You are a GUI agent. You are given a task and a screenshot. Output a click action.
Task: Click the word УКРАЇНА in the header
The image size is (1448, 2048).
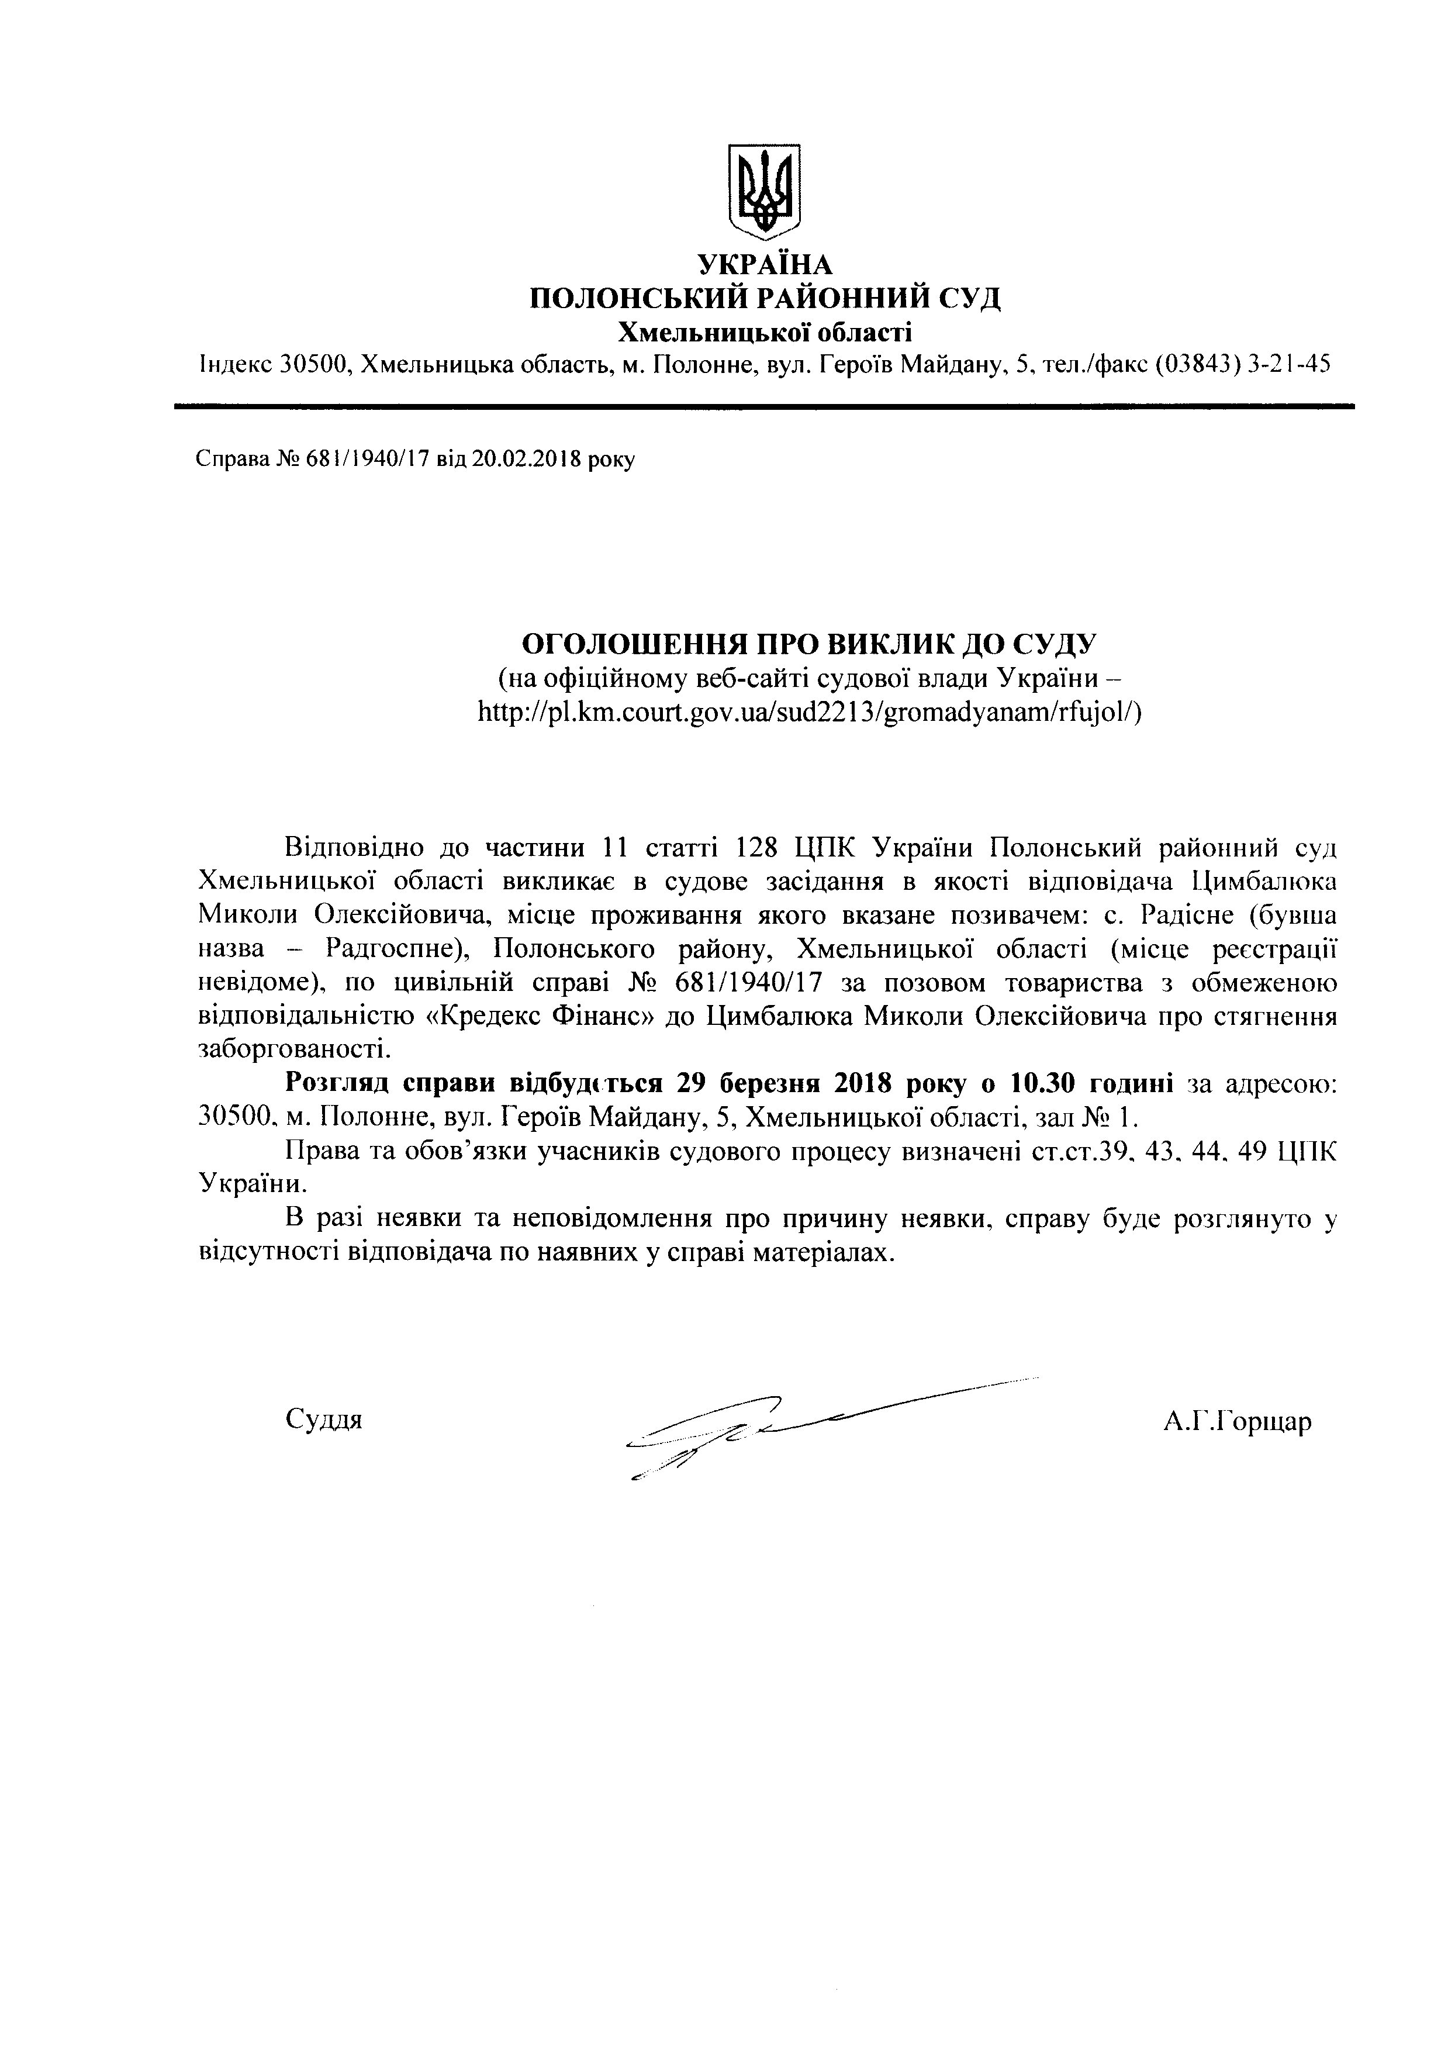click(764, 265)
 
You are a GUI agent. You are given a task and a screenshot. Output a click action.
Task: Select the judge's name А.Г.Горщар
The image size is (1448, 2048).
click(1237, 1421)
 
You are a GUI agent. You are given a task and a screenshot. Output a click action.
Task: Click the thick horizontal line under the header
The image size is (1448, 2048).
click(764, 407)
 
